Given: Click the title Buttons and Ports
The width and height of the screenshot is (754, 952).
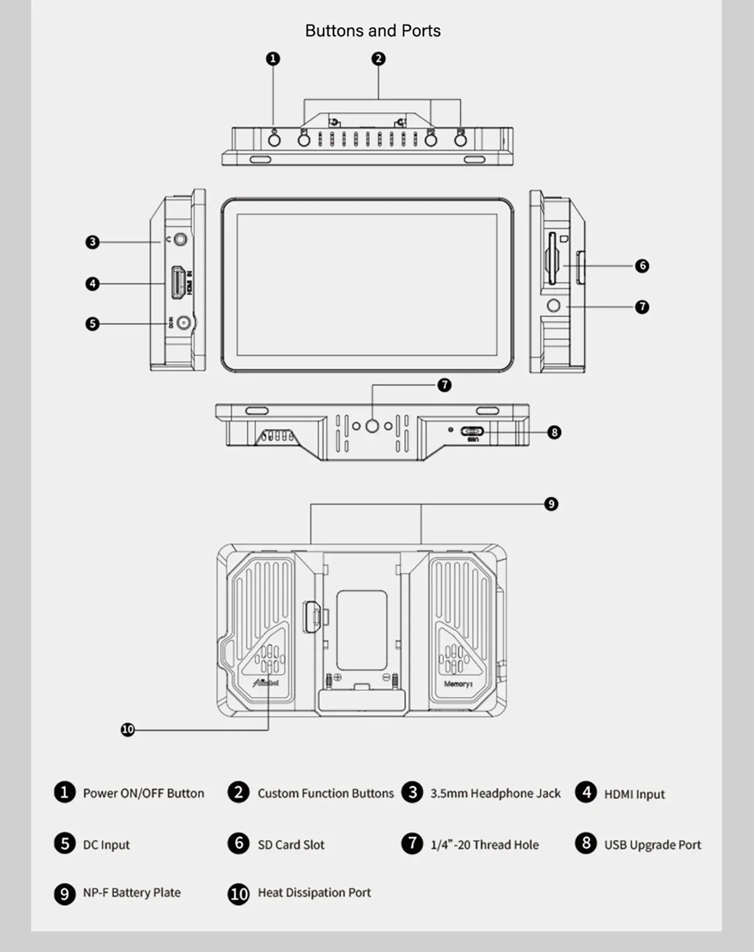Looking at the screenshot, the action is click(373, 31).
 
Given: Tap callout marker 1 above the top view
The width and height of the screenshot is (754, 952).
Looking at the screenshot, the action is click(273, 58).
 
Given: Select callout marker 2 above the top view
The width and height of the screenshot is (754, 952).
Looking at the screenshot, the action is click(378, 58).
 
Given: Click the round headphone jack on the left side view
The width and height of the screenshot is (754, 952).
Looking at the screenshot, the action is click(181, 239).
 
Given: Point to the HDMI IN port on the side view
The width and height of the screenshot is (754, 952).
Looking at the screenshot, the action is click(178, 283).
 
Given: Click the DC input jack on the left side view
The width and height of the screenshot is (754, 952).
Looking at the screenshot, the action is click(183, 323).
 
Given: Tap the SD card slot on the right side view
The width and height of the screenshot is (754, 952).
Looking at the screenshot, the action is click(551, 258).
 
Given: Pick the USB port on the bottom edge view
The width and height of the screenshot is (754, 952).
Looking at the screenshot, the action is click(473, 431).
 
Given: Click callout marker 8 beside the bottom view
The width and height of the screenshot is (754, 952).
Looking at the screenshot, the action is click(554, 432).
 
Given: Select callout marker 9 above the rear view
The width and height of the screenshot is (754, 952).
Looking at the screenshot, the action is click(551, 504).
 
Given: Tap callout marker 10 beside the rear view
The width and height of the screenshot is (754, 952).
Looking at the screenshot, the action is click(128, 729).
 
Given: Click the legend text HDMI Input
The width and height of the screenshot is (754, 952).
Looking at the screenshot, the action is click(634, 794).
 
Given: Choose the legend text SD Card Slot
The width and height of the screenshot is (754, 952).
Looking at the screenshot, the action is click(291, 845).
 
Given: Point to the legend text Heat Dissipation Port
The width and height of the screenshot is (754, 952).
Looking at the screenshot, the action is click(314, 892).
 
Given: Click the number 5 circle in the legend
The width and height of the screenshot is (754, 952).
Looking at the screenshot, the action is click(64, 843).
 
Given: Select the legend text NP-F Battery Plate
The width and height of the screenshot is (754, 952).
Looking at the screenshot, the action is click(132, 892).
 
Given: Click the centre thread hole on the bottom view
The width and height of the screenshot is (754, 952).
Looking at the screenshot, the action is click(372, 426).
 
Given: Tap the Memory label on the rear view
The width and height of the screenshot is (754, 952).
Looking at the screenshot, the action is click(458, 684).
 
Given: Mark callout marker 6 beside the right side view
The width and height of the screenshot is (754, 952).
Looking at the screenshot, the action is click(642, 266).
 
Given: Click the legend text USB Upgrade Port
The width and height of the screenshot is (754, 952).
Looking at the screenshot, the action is click(652, 845).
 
